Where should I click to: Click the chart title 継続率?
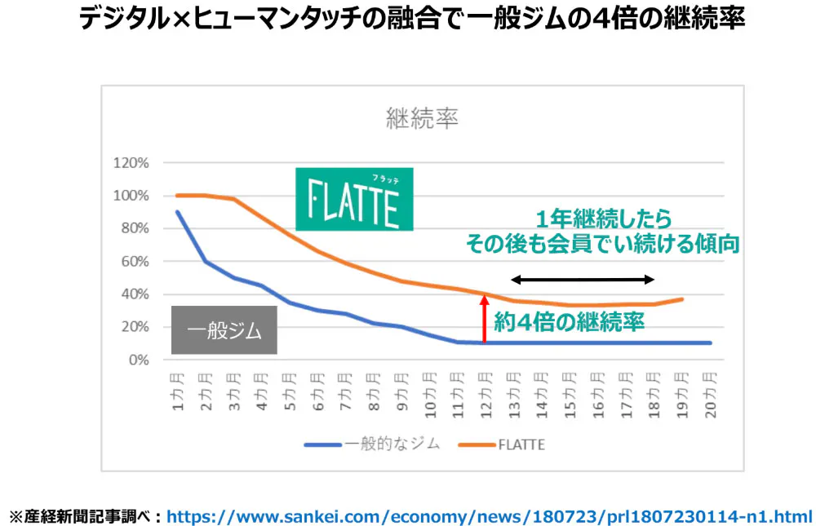point(422,119)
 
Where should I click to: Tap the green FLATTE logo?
point(354,199)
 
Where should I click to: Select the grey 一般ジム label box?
point(224,331)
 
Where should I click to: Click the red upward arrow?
point(484,319)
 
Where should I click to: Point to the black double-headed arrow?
point(583,280)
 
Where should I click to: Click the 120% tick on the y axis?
point(131,163)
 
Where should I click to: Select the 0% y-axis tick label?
point(138,360)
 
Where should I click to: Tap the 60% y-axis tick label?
point(135,262)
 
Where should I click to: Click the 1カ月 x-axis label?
point(178,391)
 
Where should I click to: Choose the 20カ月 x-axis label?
point(710,395)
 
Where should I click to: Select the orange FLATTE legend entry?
point(501,444)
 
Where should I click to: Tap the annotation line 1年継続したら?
point(603,219)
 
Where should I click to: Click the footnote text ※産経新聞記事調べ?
point(85,515)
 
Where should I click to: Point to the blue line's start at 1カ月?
point(178,212)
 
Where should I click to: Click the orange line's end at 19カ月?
point(682,299)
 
